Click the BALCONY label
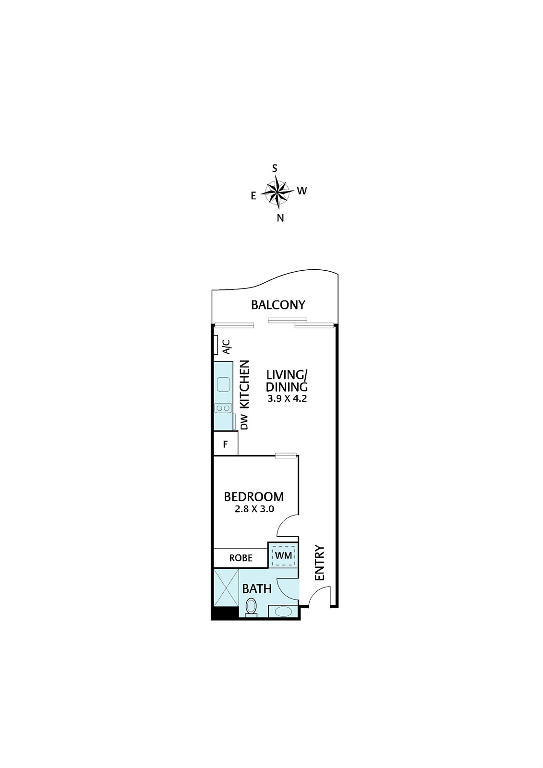pyautogui.click(x=278, y=305)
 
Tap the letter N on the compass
pyautogui.click(x=280, y=218)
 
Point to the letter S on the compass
pyautogui.click(x=275, y=168)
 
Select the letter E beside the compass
pyautogui.click(x=253, y=196)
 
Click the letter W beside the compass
pyautogui.click(x=302, y=191)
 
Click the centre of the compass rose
pyautogui.click(x=277, y=192)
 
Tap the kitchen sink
pyautogui.click(x=223, y=384)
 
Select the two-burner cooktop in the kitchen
pyautogui.click(x=223, y=408)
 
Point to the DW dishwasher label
pyautogui.click(x=244, y=425)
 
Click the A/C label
pyautogui.click(x=227, y=347)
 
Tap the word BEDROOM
pyautogui.click(x=254, y=496)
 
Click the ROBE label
pyautogui.click(x=241, y=558)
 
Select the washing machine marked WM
pyautogui.click(x=284, y=555)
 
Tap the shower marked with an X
pyautogui.click(x=226, y=588)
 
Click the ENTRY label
pyautogui.click(x=319, y=567)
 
